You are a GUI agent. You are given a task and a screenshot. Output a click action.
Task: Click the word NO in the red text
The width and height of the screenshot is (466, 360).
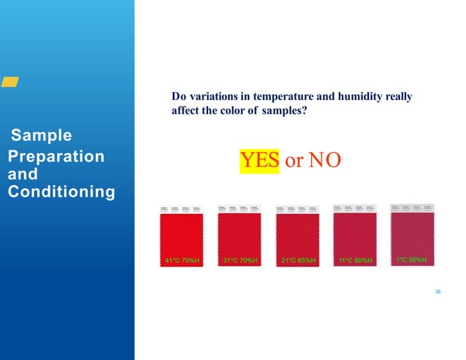tap(324, 161)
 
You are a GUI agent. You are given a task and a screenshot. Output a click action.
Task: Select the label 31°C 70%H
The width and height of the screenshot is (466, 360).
tap(240, 260)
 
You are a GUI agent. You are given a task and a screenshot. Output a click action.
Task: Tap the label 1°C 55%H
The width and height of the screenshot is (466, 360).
tap(413, 259)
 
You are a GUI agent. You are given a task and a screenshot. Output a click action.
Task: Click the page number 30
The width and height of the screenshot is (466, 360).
tap(438, 292)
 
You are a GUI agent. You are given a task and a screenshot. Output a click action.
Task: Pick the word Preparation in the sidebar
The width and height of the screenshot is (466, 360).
tap(56, 157)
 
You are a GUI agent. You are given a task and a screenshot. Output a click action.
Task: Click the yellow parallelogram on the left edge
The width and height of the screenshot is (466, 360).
tap(9, 83)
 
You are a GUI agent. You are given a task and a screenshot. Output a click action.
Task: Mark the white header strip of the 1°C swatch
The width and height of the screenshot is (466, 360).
tap(413, 208)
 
